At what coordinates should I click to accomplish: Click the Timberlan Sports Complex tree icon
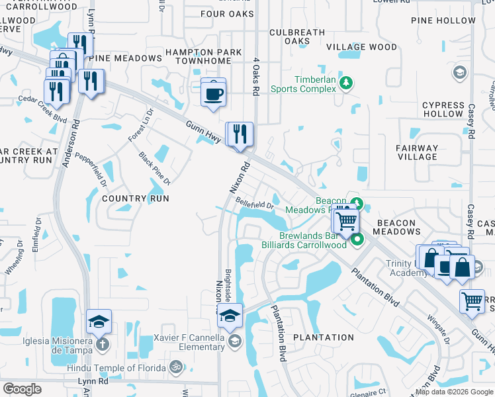345,83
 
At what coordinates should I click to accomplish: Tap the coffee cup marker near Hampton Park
213,93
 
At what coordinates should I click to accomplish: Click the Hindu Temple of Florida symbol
175,366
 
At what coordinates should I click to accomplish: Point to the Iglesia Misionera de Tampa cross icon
101,344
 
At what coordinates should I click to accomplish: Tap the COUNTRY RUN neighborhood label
136,198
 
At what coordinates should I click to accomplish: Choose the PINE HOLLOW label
443,21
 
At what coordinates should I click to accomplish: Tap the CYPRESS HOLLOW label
443,109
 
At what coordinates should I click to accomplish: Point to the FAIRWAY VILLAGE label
417,152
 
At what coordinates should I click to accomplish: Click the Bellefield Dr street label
255,206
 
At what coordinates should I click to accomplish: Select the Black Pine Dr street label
154,168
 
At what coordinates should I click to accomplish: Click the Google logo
22,389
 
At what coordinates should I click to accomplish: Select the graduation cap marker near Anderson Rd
99,322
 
